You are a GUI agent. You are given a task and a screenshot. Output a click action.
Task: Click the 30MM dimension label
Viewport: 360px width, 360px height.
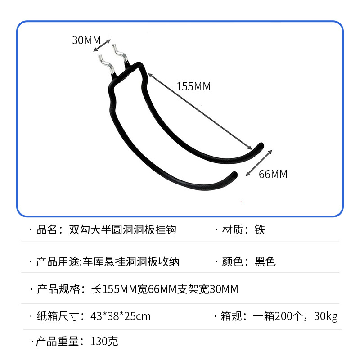coord(86,40)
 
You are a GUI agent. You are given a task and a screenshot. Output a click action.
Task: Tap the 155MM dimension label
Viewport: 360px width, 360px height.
coord(193,86)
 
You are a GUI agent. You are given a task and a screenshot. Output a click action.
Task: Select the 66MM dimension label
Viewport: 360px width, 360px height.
coord(273,174)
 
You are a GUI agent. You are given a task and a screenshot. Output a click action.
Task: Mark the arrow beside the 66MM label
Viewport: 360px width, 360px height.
coord(259,163)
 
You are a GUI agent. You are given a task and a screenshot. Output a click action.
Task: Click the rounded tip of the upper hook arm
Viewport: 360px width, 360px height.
coord(260,146)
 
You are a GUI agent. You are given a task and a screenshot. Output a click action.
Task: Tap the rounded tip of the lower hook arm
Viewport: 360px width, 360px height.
coord(232,175)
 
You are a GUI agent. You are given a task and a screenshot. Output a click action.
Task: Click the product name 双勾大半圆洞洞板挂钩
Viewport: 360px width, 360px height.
coord(122,230)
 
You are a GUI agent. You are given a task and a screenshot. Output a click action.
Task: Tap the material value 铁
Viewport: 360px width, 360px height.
coord(260,230)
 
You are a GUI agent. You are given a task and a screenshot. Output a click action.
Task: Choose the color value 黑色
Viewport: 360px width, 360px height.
coord(265,261)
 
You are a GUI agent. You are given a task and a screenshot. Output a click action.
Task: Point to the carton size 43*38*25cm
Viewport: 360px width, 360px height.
coord(121,316)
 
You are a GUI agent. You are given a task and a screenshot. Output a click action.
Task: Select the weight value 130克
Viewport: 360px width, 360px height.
coord(104,342)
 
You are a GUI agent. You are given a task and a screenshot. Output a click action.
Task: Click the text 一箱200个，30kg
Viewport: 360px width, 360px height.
coord(295,316)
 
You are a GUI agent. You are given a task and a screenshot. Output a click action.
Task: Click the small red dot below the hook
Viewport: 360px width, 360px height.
coord(243,202)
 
